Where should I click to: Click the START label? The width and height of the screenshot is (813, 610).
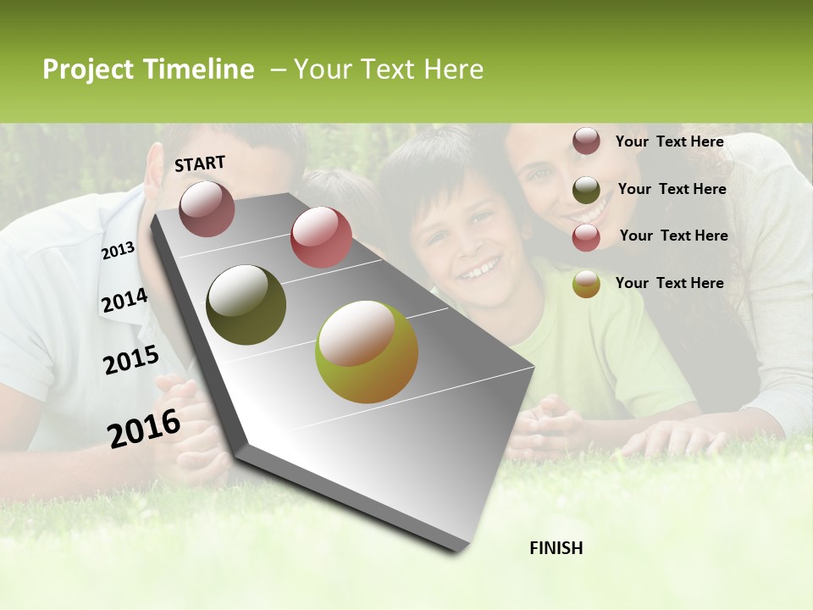(x=200, y=164)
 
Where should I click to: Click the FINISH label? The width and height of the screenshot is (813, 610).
(x=556, y=548)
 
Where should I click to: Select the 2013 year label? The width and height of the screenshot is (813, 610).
(x=118, y=251)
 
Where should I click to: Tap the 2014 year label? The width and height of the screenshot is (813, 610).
(x=124, y=301)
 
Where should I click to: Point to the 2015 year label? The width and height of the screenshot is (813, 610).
(x=131, y=360)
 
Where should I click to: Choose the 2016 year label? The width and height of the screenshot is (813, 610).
(x=144, y=428)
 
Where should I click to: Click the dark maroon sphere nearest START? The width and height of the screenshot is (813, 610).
(x=207, y=208)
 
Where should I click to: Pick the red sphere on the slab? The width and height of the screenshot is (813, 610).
(x=321, y=237)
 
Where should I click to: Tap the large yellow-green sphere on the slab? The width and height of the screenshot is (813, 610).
(x=367, y=352)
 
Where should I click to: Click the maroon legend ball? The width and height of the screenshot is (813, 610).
(x=586, y=141)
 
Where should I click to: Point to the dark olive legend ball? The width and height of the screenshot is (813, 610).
(x=586, y=189)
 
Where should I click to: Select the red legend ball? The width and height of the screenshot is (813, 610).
(x=586, y=237)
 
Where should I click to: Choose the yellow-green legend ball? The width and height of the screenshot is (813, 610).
(x=586, y=284)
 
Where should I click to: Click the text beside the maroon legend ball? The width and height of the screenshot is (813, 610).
(x=669, y=141)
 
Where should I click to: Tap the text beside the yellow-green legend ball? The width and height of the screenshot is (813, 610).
(x=669, y=283)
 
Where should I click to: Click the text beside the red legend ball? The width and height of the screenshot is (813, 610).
(x=673, y=236)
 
